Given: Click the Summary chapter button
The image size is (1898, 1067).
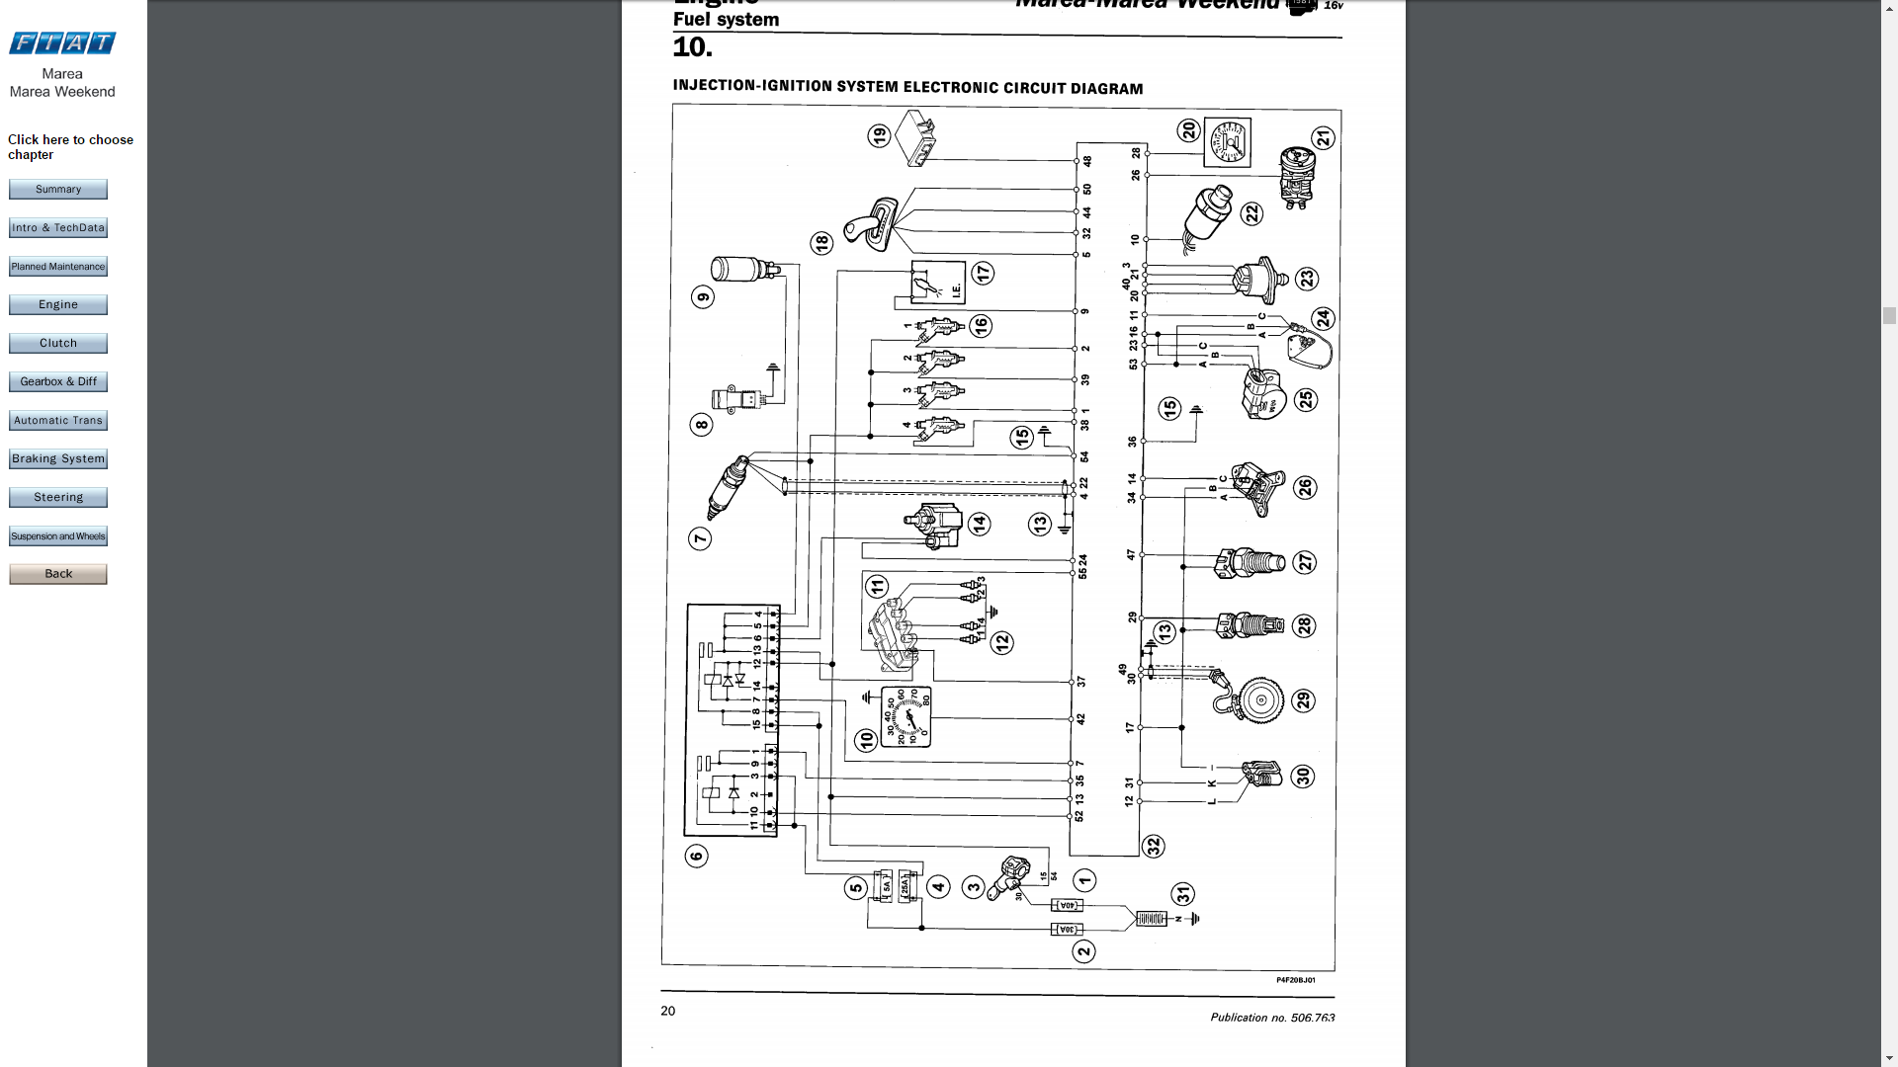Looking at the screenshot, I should pyautogui.click(x=58, y=189).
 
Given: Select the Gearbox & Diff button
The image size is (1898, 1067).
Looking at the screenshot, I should pyautogui.click(x=58, y=381).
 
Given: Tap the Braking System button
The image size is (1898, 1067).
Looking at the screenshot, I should pyautogui.click(x=58, y=458).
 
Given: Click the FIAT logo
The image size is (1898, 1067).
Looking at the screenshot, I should pyautogui.click(x=62, y=42).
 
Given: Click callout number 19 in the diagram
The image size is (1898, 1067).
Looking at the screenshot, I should pyautogui.click(x=879, y=135).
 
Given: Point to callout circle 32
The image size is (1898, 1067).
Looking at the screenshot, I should pyautogui.click(x=1153, y=847).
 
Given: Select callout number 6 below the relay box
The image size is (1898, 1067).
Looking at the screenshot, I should pyautogui.click(x=696, y=856).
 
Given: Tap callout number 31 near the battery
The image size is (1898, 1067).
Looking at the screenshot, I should pyautogui.click(x=1182, y=894).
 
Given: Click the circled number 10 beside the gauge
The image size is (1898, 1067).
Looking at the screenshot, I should pyautogui.click(x=866, y=740).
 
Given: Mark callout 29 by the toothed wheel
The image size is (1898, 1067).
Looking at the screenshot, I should pyautogui.click(x=1304, y=700).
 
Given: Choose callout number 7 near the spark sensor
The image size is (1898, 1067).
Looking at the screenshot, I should pyautogui.click(x=700, y=538).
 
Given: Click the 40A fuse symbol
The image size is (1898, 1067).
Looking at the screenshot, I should pyautogui.click(x=1067, y=905).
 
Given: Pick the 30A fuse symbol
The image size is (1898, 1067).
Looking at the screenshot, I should pyautogui.click(x=1067, y=930).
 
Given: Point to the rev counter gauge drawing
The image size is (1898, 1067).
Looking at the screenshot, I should pyautogui.click(x=906, y=717).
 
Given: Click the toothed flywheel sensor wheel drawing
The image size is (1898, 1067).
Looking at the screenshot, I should pyautogui.click(x=1260, y=700).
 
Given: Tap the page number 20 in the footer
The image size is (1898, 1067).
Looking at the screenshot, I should pyautogui.click(x=668, y=1011).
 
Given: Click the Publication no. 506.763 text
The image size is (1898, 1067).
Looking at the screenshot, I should pyautogui.click(x=1272, y=1017).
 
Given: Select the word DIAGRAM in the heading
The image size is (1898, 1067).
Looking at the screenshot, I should pyautogui.click(x=1106, y=89).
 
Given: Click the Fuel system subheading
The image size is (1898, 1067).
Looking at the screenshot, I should pyautogui.click(x=726, y=20).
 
